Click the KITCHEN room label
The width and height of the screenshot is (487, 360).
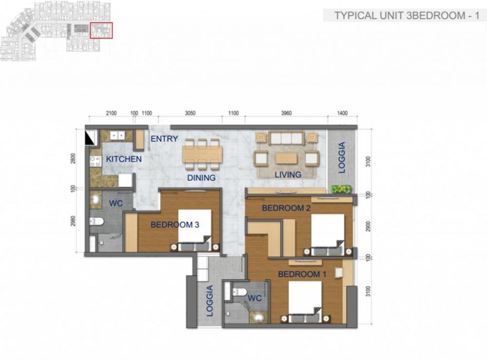(x=124, y=159)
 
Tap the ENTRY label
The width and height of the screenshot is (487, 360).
(x=164, y=138)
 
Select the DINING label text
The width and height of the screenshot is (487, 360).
(x=201, y=178)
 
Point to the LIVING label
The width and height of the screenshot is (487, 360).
(x=288, y=174)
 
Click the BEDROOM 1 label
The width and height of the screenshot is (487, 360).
(x=302, y=274)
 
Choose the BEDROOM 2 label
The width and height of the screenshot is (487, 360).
(x=286, y=208)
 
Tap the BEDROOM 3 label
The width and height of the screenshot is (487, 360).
(x=175, y=225)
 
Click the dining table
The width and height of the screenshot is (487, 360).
(x=202, y=154)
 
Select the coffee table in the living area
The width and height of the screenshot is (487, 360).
(x=286, y=158)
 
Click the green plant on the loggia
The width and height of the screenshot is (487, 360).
(x=341, y=189)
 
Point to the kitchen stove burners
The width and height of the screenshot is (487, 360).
(x=95, y=161)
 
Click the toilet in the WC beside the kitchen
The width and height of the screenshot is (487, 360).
(x=96, y=221)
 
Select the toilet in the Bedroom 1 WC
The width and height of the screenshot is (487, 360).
(x=239, y=292)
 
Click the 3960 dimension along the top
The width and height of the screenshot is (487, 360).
(x=286, y=113)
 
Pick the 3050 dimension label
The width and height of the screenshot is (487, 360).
(x=190, y=113)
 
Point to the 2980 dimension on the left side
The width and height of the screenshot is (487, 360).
(x=73, y=221)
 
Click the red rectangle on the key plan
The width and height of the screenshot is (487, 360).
(x=101, y=30)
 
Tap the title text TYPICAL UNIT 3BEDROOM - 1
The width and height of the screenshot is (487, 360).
(x=407, y=16)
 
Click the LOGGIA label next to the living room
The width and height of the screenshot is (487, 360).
(x=342, y=157)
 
